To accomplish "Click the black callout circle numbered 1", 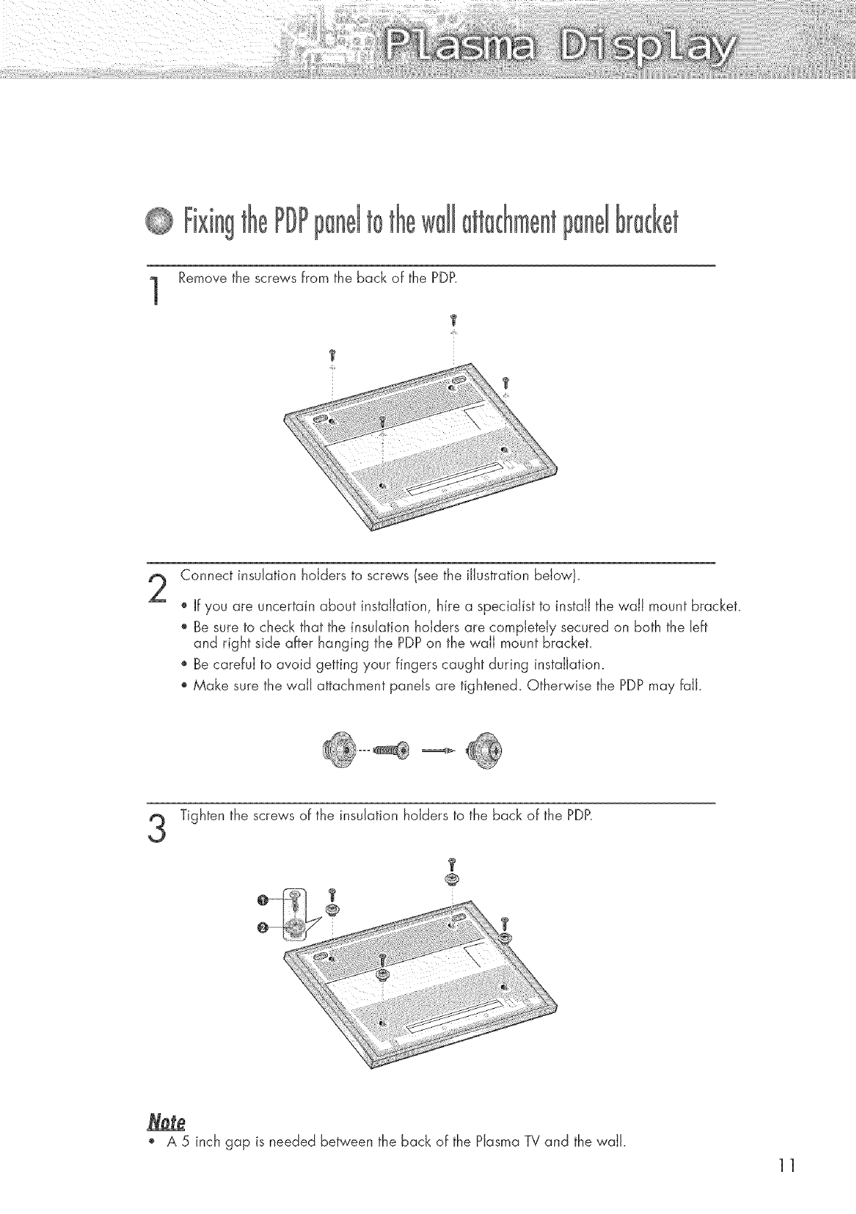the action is [262, 901].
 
